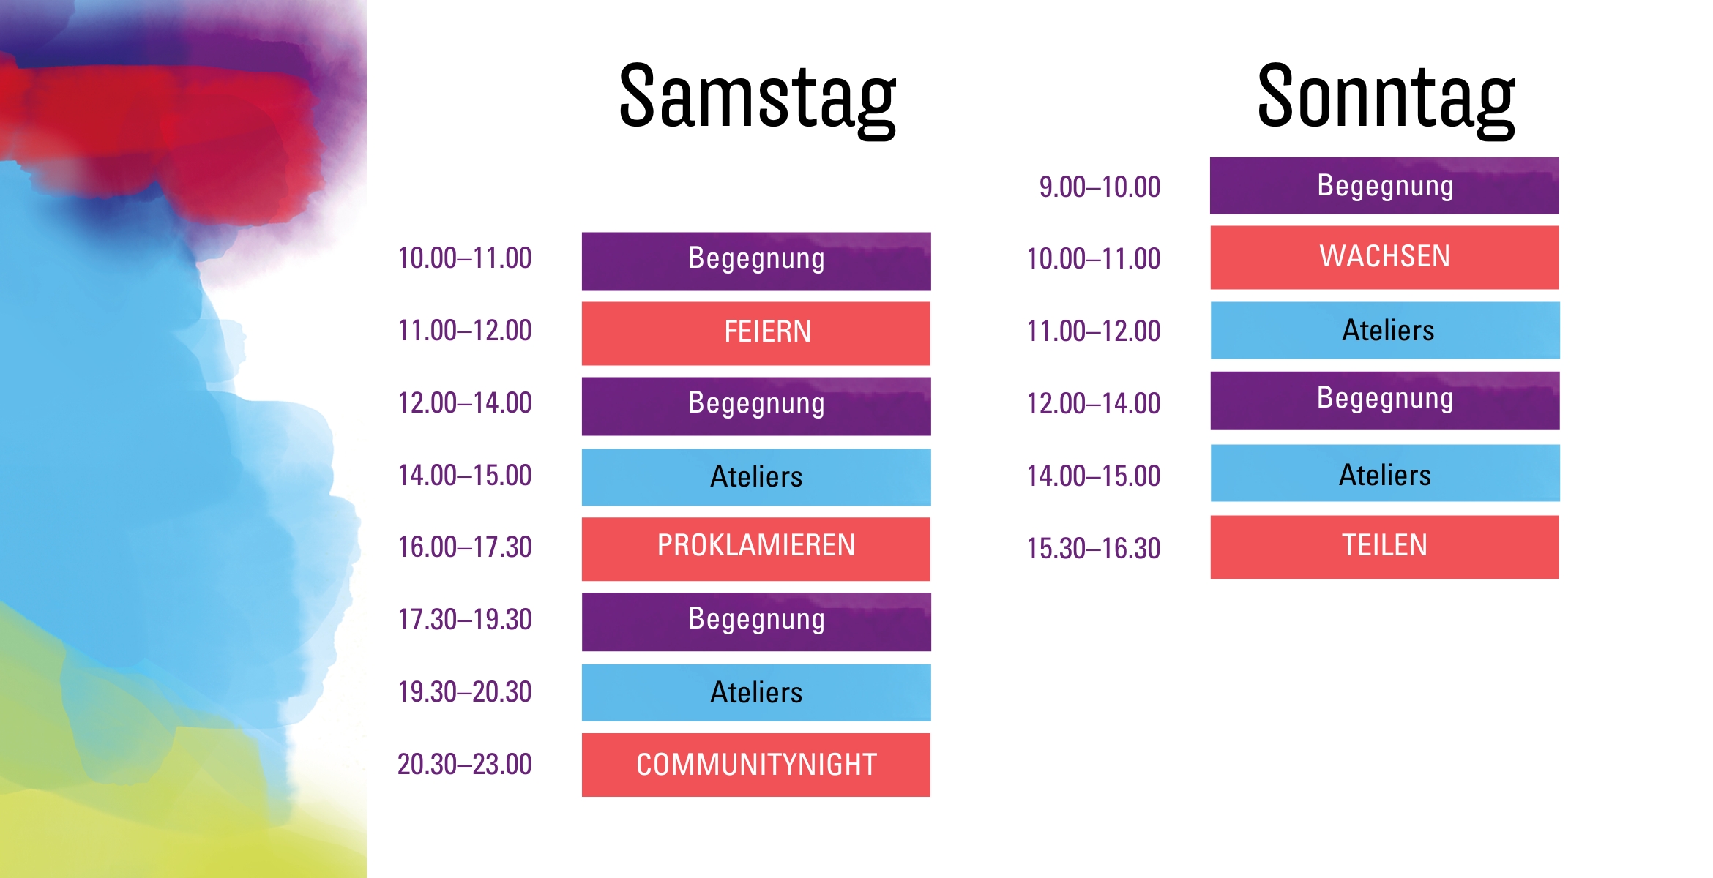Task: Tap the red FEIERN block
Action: point(756,333)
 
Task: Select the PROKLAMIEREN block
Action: point(756,548)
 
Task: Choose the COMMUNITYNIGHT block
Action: point(756,765)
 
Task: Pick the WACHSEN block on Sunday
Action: point(1384,257)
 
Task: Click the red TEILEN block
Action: point(1384,547)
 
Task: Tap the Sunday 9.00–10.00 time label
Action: point(1100,187)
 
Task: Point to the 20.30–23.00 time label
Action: point(464,765)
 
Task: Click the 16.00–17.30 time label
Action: point(464,547)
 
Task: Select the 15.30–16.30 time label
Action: point(1093,549)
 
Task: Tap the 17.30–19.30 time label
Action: point(464,620)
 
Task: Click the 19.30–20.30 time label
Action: point(464,692)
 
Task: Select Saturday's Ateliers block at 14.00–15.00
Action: point(756,477)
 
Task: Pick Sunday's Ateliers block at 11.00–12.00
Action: point(1384,330)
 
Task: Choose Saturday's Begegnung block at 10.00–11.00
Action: point(756,261)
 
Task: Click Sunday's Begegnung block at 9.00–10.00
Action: point(1384,186)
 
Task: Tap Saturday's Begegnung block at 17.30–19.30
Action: point(756,621)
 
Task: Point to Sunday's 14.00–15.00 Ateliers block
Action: point(1384,473)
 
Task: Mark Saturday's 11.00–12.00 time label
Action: point(464,331)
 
